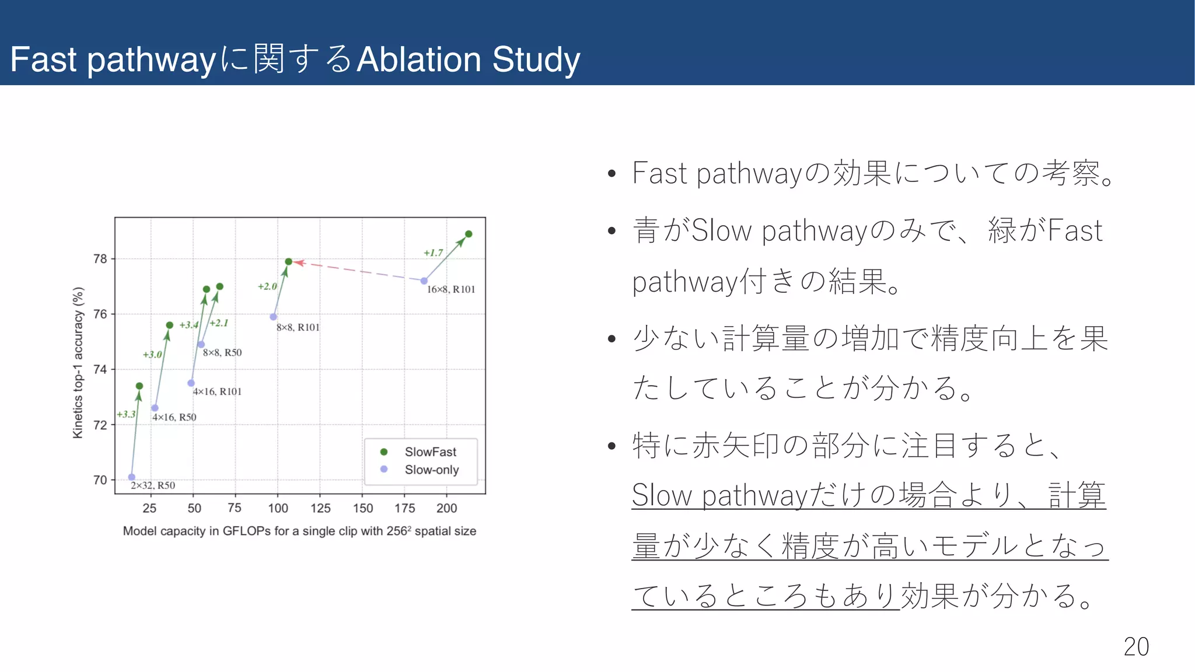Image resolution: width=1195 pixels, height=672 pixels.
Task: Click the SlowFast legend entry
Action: point(430,452)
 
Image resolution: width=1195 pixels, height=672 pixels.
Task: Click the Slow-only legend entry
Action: point(431,470)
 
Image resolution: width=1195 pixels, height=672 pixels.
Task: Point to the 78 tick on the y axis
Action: point(100,258)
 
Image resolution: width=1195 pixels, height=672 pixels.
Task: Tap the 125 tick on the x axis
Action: point(320,508)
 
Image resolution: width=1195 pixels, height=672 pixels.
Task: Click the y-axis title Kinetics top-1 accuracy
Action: point(78,362)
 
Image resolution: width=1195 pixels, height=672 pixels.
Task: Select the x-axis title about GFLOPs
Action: point(299,531)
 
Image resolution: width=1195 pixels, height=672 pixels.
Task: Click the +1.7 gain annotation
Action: point(433,253)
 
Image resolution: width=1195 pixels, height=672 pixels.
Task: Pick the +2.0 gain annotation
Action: point(267,286)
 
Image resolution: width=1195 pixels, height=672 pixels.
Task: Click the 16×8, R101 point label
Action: point(451,289)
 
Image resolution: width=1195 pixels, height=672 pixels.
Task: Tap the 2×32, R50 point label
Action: point(153,485)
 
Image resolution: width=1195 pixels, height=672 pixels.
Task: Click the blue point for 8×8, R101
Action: point(273,317)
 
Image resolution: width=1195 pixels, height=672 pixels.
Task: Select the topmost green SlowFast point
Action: point(469,234)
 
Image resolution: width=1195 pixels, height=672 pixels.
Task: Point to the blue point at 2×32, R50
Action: point(132,477)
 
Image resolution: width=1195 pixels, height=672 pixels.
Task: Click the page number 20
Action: point(1136,646)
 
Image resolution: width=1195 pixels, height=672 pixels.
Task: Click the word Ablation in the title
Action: point(419,60)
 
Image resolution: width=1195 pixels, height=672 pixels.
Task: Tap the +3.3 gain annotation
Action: point(126,414)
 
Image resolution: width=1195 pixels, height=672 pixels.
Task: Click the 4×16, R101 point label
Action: point(217,391)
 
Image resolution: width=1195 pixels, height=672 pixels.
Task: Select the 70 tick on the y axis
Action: point(100,480)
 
